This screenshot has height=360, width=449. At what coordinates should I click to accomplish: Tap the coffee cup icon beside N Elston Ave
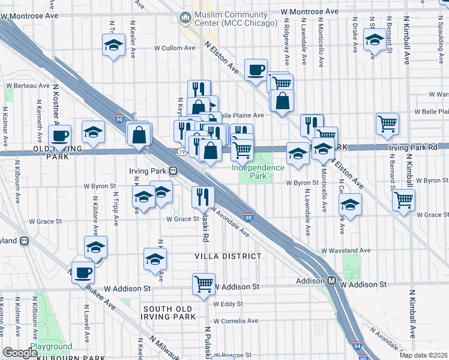[256, 70]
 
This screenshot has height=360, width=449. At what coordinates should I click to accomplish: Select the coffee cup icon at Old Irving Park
[59, 136]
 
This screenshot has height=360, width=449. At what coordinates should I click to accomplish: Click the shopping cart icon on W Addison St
[203, 283]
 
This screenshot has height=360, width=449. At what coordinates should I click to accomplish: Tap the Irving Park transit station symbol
[172, 171]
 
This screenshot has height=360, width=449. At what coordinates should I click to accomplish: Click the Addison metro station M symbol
[331, 281]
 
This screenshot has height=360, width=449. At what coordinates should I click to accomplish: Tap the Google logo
[20, 352]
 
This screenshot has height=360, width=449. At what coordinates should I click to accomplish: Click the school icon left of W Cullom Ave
[113, 46]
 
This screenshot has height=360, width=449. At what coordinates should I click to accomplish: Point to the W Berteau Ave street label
[27, 86]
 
